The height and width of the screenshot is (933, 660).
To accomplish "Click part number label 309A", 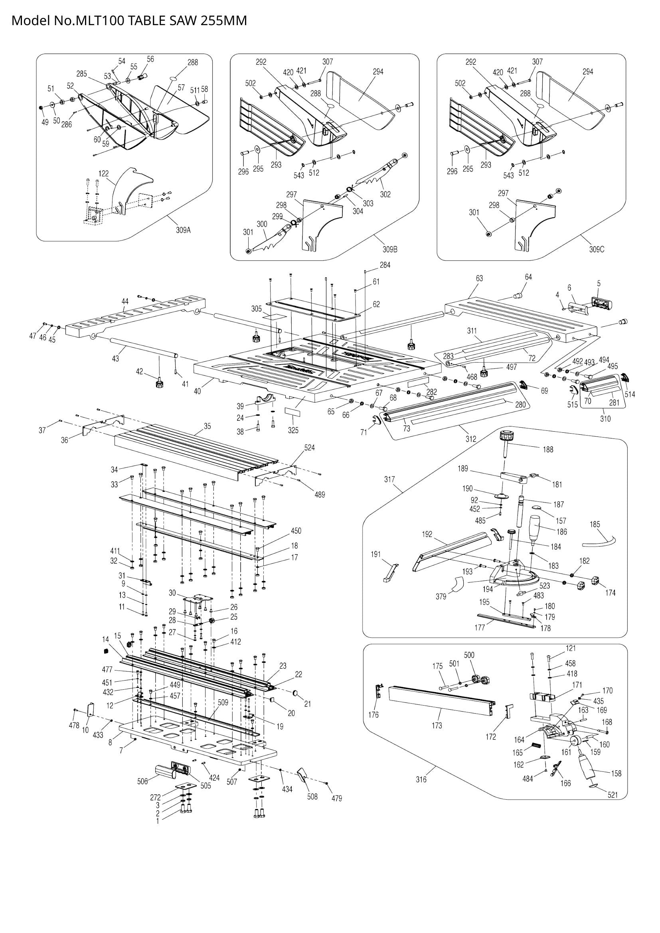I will coord(183,230).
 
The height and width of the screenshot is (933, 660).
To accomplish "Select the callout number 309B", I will coord(390,249).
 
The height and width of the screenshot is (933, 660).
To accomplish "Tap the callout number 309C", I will coord(597,249).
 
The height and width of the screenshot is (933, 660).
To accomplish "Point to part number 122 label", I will coord(104,174).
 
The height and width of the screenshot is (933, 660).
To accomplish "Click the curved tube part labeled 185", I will coord(599,542).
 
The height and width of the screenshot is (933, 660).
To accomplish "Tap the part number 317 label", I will coord(389,479).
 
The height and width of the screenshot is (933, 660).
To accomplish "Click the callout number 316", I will coord(421,780).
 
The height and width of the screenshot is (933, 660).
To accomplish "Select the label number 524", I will coord(310,448).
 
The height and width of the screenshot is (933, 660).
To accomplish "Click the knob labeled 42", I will coord(159,383).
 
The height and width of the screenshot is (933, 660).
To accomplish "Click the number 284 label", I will coord(385,265).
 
